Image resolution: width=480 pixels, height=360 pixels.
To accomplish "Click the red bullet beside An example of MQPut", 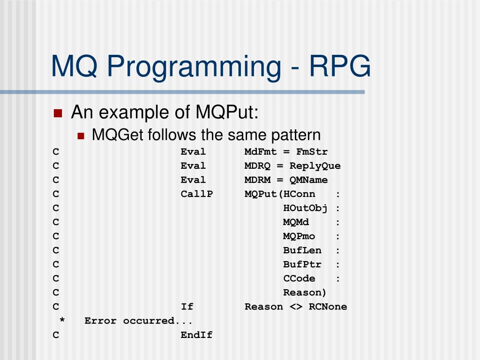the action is click(58, 113).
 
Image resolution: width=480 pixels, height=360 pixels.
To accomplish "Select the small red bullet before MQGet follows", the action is click(81, 136).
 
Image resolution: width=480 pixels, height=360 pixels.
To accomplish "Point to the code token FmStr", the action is click(312, 152).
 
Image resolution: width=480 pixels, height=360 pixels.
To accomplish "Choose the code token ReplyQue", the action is click(315, 166).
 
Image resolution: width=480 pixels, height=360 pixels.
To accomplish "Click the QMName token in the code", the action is click(308, 180).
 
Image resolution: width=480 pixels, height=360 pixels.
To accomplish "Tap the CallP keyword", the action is click(196, 194).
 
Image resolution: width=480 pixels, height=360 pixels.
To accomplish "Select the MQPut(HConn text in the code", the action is click(280, 194).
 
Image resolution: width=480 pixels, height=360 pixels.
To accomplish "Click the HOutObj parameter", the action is click(305, 208).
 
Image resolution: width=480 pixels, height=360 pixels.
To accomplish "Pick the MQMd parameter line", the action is click(296, 222).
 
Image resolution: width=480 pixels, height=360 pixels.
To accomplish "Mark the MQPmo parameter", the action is click(299, 236).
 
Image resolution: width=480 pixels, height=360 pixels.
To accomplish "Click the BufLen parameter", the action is click(302, 250).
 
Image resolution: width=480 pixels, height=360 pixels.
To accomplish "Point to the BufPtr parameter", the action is click(302, 264).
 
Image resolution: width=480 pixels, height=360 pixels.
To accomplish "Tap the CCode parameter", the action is click(299, 278).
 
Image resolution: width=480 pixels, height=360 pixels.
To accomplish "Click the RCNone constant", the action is click(328, 307).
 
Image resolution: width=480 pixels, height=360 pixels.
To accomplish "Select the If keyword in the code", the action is click(187, 307).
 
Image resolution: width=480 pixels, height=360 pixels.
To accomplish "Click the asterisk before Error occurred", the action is click(62, 321).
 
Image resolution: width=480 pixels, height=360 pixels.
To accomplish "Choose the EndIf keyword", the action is click(196, 335).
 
